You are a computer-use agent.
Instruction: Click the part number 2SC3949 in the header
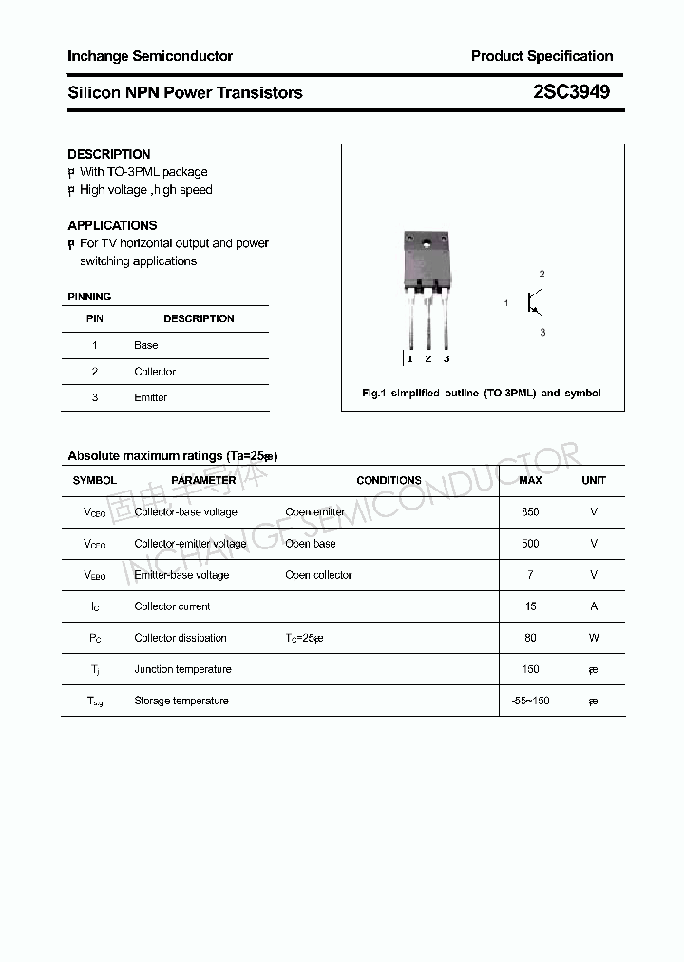[x=571, y=92]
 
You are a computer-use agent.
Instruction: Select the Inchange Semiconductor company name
[x=150, y=56]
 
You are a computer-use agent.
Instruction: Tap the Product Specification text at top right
[x=541, y=56]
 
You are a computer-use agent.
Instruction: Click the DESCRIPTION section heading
[x=109, y=154]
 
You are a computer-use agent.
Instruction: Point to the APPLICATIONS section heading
[x=112, y=225]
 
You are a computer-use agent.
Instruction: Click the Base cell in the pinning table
[x=145, y=345]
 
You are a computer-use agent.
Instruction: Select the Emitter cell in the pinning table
[x=150, y=397]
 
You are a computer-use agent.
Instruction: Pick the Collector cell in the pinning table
[x=155, y=372]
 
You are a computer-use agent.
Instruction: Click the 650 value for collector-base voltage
[x=530, y=512]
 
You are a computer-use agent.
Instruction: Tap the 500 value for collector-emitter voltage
[x=530, y=544]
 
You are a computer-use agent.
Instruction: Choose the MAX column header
[x=530, y=480]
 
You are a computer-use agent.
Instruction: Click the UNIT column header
[x=594, y=480]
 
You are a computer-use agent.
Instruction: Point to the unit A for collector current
[x=594, y=606]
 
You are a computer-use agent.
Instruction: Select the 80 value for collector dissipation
[x=530, y=638]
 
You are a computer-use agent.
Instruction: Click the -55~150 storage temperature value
[x=530, y=701]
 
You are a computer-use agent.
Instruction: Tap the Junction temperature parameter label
[x=182, y=669]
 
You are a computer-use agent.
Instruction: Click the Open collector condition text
[x=318, y=575]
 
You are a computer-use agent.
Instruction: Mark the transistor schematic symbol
[x=534, y=303]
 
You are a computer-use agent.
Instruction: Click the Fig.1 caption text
[x=482, y=393]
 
